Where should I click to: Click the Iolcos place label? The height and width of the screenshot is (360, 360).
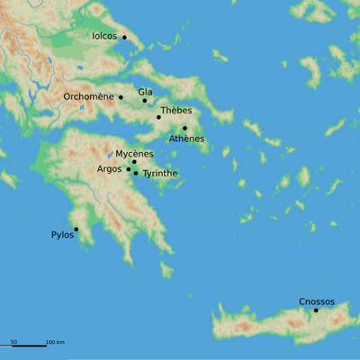pos(104,37)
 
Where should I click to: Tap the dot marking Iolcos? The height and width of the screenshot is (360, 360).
pos(124,37)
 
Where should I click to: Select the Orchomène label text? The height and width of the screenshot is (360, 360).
pos(89,96)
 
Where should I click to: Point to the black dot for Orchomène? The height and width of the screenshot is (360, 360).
pos(121,96)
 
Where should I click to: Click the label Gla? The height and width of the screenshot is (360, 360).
pos(145,92)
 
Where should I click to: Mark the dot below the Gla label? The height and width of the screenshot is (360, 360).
pos(145,100)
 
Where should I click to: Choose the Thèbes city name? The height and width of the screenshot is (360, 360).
pos(175,111)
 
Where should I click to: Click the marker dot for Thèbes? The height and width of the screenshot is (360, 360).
pos(158,117)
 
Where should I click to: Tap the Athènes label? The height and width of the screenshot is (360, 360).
pos(187,139)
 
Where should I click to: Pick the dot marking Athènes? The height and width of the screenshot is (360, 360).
pos(184,129)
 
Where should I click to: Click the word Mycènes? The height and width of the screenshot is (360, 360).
pos(134,154)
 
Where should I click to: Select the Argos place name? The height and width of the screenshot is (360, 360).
pos(109,169)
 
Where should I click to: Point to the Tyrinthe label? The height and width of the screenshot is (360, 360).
pos(160,174)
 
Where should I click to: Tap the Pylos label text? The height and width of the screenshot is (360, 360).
pos(62,235)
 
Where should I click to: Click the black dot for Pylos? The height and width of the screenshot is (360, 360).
pos(76,229)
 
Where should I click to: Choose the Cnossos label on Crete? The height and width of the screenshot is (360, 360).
pos(317,301)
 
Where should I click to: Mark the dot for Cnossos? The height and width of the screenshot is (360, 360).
pos(315,310)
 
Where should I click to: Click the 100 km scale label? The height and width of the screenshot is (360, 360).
pos(54,342)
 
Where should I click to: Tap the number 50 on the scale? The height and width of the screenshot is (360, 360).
pos(13,342)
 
